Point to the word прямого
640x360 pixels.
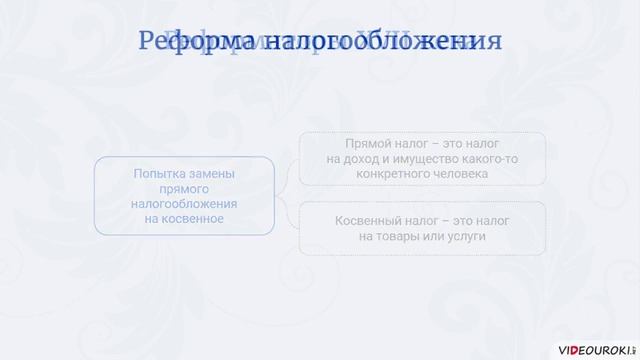(184, 188)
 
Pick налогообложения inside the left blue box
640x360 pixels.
(184, 203)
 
